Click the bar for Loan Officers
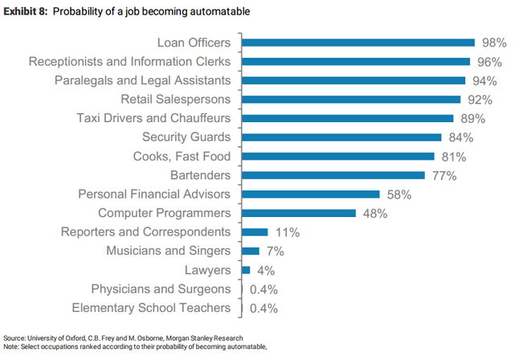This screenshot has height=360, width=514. click(357, 43)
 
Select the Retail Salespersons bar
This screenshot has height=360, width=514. click(351, 99)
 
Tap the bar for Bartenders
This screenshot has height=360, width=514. click(333, 174)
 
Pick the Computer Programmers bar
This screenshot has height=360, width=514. click(299, 213)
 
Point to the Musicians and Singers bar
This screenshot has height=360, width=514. click(251, 251)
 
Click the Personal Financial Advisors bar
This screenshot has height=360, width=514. click(310, 194)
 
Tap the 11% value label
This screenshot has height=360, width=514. click(287, 232)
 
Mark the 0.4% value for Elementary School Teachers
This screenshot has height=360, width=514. click(263, 308)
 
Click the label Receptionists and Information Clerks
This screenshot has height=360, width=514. click(129, 61)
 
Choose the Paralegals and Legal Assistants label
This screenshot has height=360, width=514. click(142, 80)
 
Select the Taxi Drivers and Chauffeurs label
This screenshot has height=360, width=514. click(153, 118)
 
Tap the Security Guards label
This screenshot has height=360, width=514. click(186, 137)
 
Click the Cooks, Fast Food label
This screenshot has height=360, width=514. click(182, 156)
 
